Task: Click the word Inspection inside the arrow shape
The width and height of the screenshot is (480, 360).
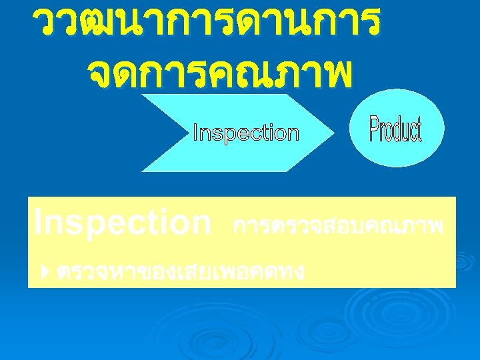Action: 245,133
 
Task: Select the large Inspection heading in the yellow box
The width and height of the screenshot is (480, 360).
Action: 122,222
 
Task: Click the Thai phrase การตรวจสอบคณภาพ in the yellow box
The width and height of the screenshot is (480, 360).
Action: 338,227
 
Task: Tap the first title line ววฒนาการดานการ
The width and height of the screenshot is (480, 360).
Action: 209,24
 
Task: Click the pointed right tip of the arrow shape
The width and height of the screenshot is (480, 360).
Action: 332,133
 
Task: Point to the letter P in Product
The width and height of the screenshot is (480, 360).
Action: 375,129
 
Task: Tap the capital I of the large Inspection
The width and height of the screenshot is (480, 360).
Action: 37,221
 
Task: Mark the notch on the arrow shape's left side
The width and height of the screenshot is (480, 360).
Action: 169,133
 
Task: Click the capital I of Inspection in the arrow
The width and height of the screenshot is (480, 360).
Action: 195,133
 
